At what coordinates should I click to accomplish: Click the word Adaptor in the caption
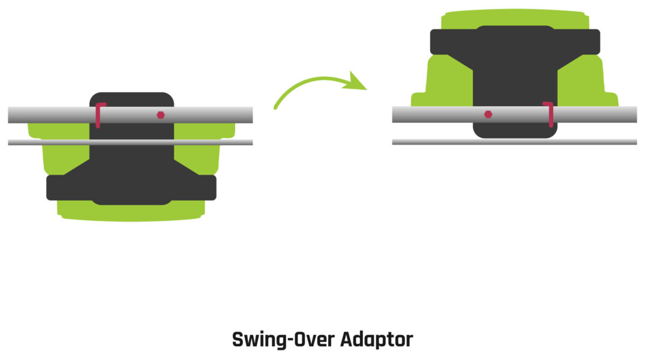click(x=376, y=340)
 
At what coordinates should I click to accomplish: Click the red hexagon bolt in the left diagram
click(x=160, y=115)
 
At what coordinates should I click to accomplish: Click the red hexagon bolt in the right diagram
click(x=488, y=114)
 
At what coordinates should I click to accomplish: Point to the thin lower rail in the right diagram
click(x=600, y=142)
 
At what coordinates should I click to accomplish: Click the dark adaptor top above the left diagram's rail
click(x=131, y=99)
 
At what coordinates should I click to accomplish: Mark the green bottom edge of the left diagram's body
click(x=131, y=218)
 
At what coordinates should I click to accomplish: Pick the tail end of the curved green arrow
click(x=276, y=107)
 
